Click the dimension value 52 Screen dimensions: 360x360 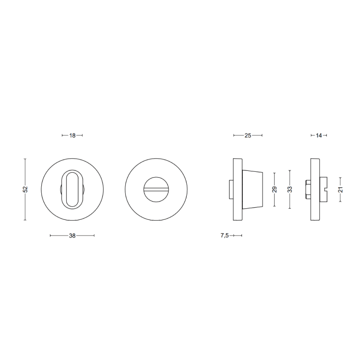pyautogui.click(x=25, y=189)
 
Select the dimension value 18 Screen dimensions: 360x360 pyautogui.click(x=72, y=135)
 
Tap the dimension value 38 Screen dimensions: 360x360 pyautogui.click(x=72, y=236)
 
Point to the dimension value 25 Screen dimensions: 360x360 pyautogui.click(x=248, y=135)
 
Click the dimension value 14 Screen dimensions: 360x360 pyautogui.click(x=319, y=135)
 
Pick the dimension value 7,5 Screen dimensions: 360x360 pyautogui.click(x=225, y=236)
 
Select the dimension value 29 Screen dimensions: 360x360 pyautogui.click(x=275, y=190)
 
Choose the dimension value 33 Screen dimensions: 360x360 pyautogui.click(x=290, y=190)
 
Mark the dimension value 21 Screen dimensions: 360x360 pyautogui.click(x=341, y=190)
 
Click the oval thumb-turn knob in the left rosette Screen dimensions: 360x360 pyautogui.click(x=72, y=190)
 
